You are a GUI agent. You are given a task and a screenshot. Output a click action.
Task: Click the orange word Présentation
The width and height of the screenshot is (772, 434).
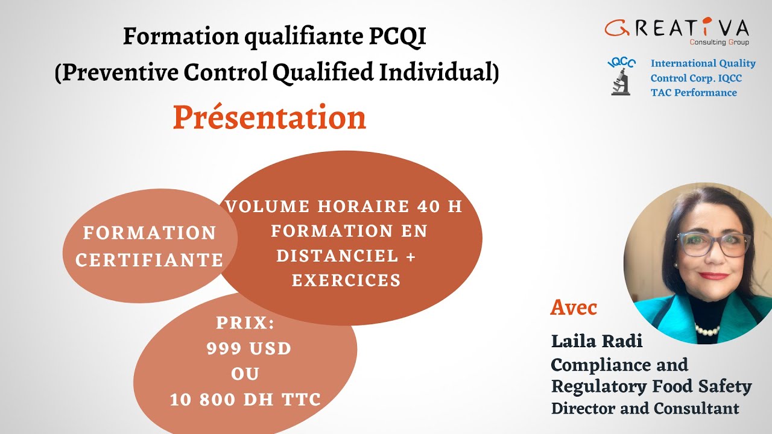269,118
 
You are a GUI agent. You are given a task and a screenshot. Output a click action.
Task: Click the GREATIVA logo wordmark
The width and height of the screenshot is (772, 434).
677,28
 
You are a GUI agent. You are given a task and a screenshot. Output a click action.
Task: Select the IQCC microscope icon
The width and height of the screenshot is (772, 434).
621,77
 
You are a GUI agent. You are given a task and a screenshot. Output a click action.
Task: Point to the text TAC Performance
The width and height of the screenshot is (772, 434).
694,93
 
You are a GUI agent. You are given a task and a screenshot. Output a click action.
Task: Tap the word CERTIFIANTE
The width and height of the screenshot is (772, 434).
150,260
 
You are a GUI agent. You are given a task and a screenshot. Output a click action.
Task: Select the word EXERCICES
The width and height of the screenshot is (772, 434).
346,280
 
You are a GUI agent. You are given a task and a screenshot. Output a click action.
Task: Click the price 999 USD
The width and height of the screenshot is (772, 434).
249,348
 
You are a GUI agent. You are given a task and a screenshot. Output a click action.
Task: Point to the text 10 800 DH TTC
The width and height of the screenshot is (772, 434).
245,399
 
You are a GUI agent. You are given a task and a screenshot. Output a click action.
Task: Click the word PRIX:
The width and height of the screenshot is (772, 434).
245,323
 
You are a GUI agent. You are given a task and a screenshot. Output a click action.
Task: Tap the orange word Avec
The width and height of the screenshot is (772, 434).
574,308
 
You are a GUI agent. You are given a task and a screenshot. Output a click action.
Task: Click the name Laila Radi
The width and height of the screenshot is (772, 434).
596,341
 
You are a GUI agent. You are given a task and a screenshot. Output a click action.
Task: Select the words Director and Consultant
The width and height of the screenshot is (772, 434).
645,408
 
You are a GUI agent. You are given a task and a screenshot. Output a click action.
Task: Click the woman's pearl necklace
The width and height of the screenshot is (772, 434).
706,330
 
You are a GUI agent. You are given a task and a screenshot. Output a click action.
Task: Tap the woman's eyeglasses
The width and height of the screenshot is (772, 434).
715,244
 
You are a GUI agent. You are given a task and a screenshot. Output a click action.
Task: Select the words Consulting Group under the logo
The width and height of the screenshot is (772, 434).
719,42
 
